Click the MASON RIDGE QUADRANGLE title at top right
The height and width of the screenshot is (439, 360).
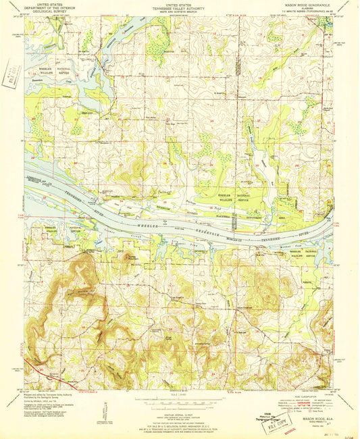[309, 5]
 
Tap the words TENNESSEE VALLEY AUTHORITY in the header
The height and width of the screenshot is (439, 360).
[179, 7]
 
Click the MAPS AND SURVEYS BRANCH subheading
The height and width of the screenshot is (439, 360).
[179, 11]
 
